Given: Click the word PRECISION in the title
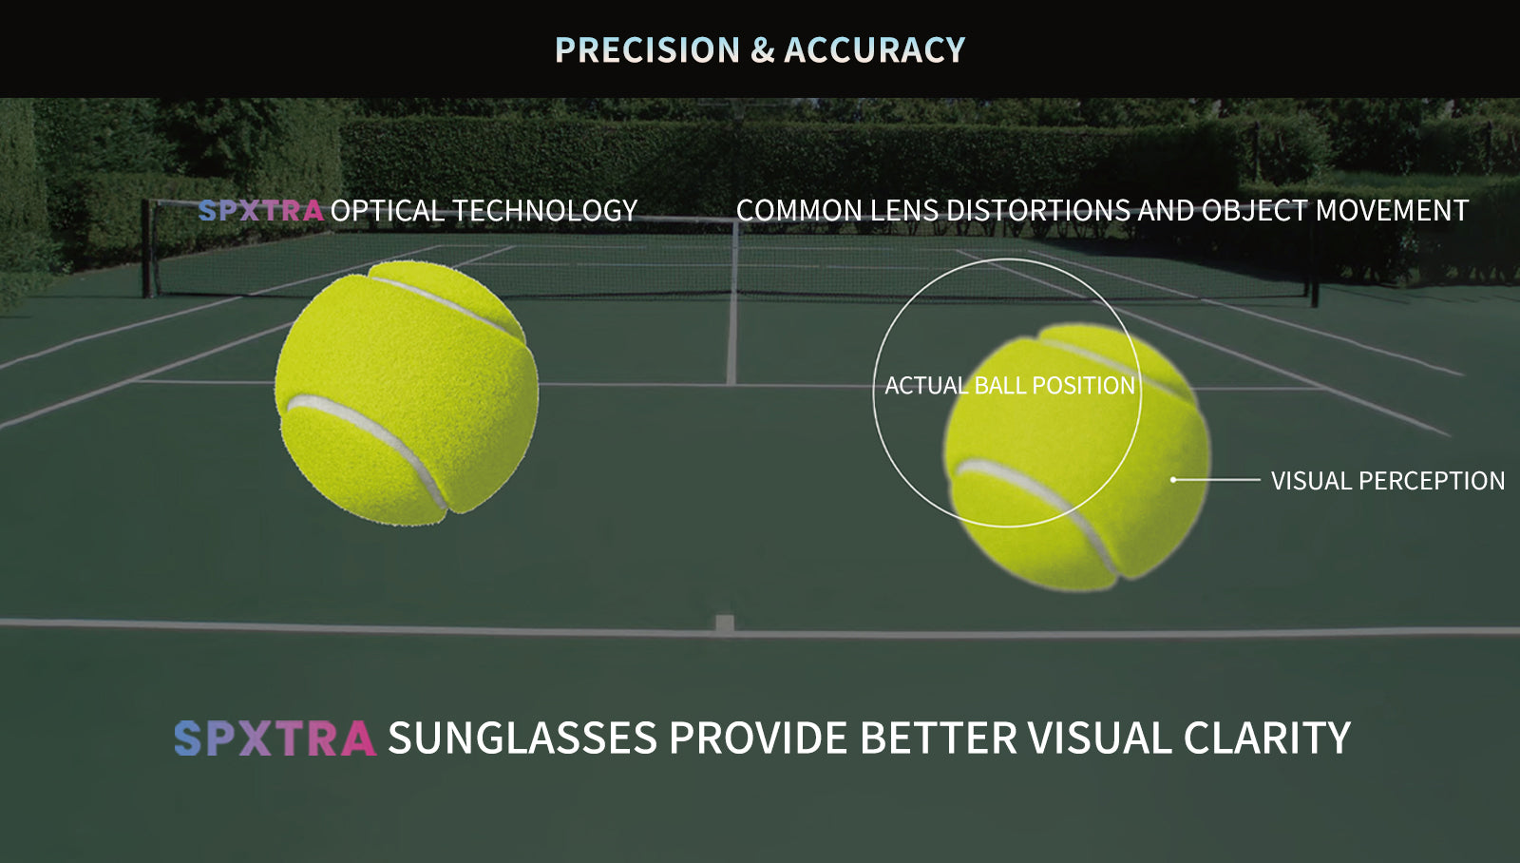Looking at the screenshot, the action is [x=647, y=49].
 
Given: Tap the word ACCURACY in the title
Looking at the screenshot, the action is [x=874, y=49].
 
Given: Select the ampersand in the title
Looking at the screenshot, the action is [x=762, y=50].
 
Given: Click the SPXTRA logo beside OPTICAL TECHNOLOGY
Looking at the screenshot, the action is [x=260, y=210].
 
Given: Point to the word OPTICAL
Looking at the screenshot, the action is [x=387, y=210].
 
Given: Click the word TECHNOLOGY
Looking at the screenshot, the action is [x=545, y=210].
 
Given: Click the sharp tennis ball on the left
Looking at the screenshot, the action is [x=407, y=393].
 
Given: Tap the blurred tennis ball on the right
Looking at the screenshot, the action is [x=1076, y=456].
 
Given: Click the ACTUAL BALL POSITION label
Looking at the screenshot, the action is [x=1010, y=386].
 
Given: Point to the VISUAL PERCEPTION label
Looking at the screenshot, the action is [x=1388, y=481].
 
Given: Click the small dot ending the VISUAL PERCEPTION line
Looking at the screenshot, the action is [x=1173, y=480].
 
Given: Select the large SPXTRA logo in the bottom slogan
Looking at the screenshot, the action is [x=275, y=738].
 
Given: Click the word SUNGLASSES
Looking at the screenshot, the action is [x=522, y=738].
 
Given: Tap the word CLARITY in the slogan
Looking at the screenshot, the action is [x=1267, y=738].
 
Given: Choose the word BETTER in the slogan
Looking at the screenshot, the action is [x=939, y=738].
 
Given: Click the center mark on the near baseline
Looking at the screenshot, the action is [x=725, y=624].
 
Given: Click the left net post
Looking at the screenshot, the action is [x=146, y=248].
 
